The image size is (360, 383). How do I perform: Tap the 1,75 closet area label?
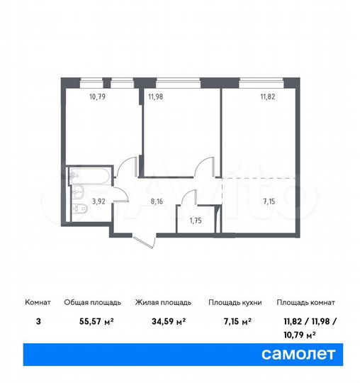pos(195,220)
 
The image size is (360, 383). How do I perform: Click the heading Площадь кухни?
pos(235,302)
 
